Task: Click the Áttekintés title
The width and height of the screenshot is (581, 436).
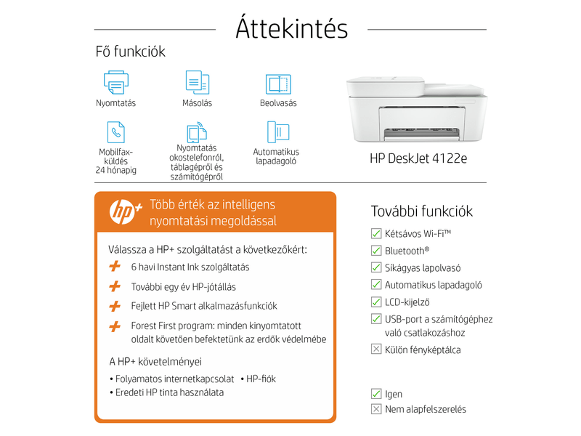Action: pos(292,28)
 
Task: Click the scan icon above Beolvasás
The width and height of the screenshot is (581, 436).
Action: pos(278,84)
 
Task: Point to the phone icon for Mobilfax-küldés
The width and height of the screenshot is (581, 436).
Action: pos(115,132)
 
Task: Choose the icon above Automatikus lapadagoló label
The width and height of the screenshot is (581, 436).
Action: pos(277,132)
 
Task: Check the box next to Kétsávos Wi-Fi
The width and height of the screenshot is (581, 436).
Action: pos(376,233)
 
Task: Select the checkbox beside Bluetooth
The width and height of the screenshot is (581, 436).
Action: pos(376,251)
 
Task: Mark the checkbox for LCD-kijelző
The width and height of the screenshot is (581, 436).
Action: pos(376,302)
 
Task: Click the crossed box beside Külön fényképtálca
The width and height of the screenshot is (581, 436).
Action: pos(376,350)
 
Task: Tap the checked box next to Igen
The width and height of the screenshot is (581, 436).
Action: pos(376,394)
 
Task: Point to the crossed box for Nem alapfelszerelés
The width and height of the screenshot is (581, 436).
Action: pos(376,409)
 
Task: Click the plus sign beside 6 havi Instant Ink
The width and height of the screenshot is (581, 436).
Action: pos(115,267)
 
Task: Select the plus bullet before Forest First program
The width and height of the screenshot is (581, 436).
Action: pos(115,326)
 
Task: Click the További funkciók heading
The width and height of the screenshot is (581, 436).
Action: pos(422,211)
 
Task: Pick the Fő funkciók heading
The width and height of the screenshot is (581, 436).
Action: pos(131,52)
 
